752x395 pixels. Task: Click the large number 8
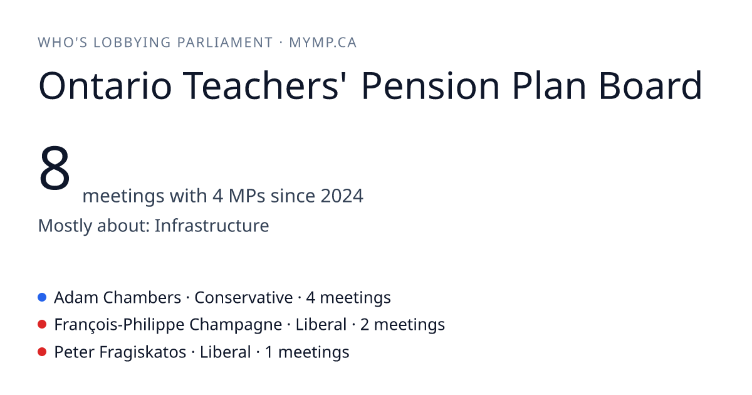pos(55,167)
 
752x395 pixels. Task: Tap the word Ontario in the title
pos(105,86)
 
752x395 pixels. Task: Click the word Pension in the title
pos(431,86)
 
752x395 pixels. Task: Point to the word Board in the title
pos(650,86)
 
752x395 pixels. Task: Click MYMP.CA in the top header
pos(323,43)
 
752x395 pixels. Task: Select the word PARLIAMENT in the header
pos(225,43)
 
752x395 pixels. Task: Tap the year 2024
pos(342,196)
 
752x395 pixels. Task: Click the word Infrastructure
pos(212,225)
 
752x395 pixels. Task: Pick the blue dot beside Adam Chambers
pos(42,297)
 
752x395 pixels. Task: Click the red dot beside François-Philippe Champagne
pos(42,325)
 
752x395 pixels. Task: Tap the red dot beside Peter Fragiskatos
pos(42,352)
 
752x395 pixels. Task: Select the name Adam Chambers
pos(118,297)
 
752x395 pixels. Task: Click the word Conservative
pos(243,297)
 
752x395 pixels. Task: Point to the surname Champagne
pos(236,325)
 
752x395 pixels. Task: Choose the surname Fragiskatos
pos(143,352)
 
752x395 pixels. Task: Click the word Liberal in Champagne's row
pos(321,325)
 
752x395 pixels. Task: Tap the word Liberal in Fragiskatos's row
pos(225,352)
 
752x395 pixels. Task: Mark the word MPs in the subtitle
pos(247,196)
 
